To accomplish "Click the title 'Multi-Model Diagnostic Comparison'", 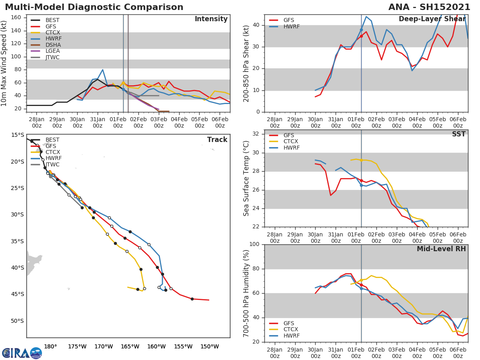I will pos(94,7).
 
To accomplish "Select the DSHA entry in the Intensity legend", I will pos(53,45).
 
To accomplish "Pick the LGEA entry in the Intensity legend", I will pos(53,51).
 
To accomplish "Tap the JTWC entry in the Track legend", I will pos(52,165).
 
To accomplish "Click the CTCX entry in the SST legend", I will pos(291,142).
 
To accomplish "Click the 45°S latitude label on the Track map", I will pos(17,294).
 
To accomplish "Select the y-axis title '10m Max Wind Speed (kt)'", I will pos(4,63).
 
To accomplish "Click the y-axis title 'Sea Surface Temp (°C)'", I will pos(246,178).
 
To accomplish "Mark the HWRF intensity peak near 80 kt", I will pos(103,70).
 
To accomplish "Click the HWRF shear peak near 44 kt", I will pos(366,16).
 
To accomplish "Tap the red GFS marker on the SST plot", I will pos(361,180).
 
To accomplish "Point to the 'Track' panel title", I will pos(217,140).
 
